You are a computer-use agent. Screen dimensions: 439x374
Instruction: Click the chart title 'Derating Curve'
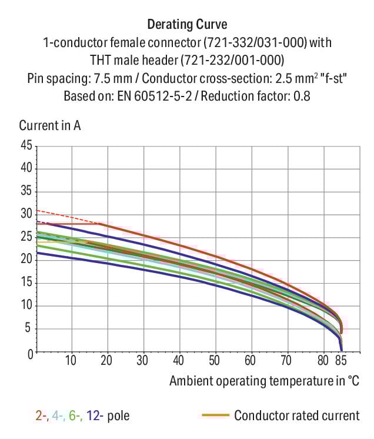pos(186,25)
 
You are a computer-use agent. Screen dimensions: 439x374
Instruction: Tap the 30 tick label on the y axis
pos(25,214)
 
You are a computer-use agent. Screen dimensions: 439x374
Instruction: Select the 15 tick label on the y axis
pos(25,283)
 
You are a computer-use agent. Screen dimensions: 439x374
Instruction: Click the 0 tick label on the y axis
pos(28,352)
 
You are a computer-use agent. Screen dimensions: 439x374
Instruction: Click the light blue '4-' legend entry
pos(58,416)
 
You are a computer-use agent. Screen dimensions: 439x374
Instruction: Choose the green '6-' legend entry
pos(75,416)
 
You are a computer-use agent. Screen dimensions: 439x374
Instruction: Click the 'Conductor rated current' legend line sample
pos(215,416)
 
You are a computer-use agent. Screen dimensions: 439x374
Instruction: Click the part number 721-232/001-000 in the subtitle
pos(228,60)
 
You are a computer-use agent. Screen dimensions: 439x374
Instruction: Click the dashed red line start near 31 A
pos(38,210)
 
